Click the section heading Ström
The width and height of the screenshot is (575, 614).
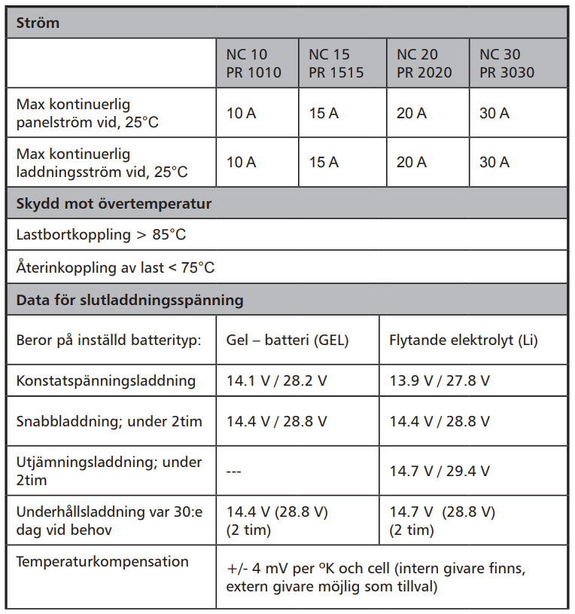click(x=38, y=23)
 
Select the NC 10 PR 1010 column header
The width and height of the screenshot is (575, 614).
click(x=254, y=63)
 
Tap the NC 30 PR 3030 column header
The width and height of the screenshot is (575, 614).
click(x=507, y=63)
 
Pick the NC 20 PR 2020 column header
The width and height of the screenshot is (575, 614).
click(x=424, y=63)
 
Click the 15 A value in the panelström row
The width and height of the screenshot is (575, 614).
click(x=324, y=114)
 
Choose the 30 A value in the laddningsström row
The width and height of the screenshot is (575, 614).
click(x=494, y=162)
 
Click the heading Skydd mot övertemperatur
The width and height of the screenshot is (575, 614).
click(x=114, y=203)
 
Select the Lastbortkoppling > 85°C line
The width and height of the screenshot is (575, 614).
click(x=101, y=234)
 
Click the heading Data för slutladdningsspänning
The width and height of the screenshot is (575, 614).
click(x=129, y=300)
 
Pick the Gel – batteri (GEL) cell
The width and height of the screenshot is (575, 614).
click(x=287, y=340)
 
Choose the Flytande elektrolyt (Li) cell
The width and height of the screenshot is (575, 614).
click(x=464, y=340)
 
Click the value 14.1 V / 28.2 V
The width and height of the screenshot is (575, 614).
click(x=277, y=380)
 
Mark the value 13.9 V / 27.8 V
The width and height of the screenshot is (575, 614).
click(x=440, y=380)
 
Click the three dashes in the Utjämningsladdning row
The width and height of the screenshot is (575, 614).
click(x=233, y=471)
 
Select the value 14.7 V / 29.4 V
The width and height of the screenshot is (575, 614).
click(x=440, y=471)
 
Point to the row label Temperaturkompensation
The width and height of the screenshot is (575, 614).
click(x=102, y=561)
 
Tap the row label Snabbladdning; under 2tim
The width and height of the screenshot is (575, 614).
click(x=109, y=421)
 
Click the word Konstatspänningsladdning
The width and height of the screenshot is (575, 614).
click(x=105, y=380)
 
